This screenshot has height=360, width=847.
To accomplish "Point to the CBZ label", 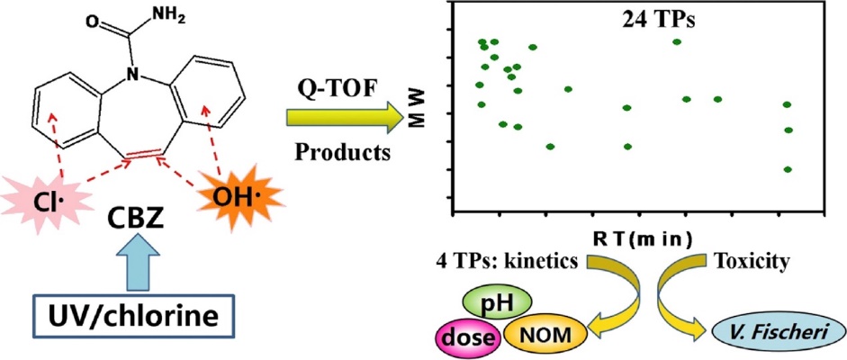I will (x=136, y=216).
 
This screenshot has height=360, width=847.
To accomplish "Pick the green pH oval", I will (x=498, y=302).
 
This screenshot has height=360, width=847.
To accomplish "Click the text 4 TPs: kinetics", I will (x=506, y=262).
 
